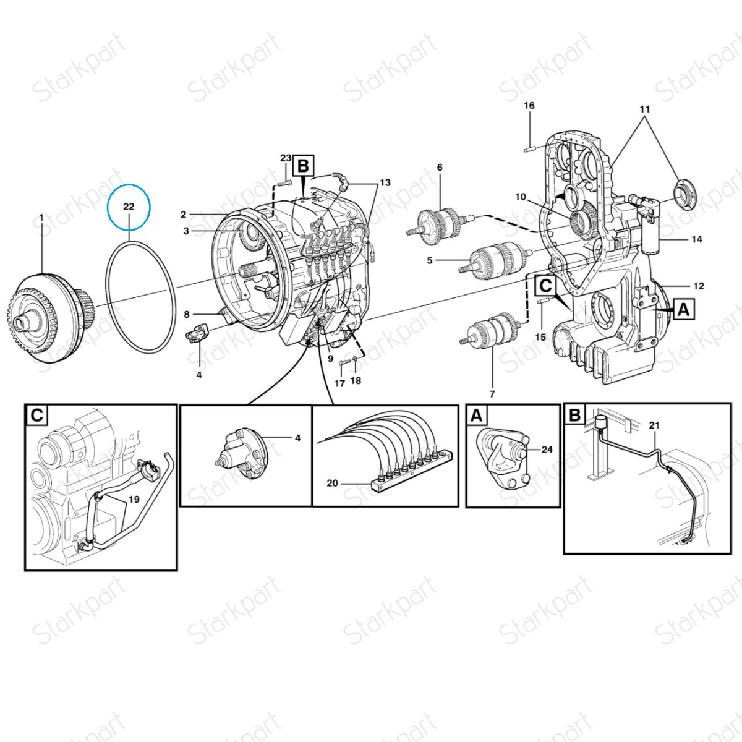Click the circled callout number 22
[129, 207]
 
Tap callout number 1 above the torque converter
[41, 218]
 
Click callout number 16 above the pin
[529, 106]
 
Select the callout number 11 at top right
[645, 109]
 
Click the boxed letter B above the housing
[303, 166]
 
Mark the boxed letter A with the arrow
[684, 309]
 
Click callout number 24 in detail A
[547, 450]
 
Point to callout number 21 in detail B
[654, 425]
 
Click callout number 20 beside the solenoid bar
[332, 483]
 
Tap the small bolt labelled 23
[284, 182]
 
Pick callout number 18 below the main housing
[356, 381]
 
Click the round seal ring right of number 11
[685, 193]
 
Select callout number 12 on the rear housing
[699, 286]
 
